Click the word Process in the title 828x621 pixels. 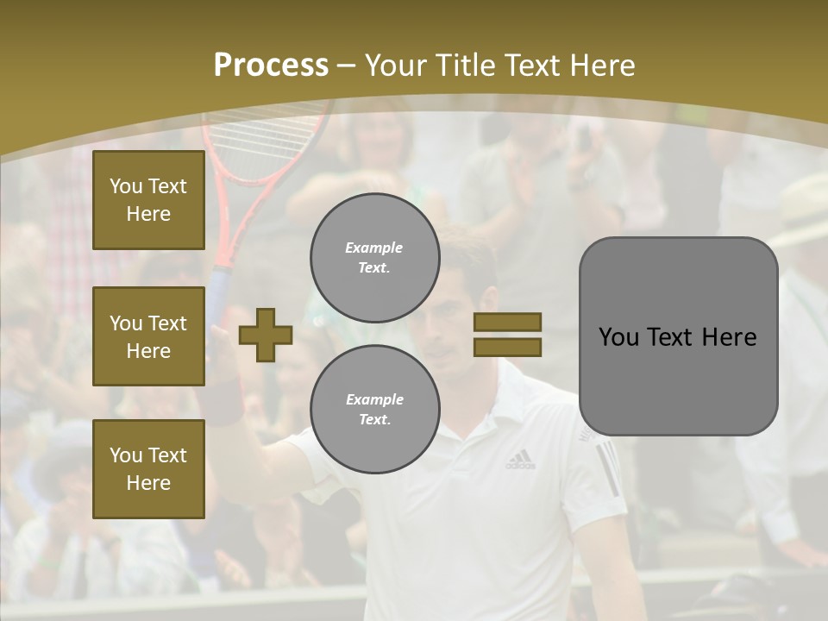click(271, 66)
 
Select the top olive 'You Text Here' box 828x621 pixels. click(148, 200)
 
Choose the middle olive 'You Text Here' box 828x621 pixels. click(148, 336)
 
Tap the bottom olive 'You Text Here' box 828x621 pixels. click(148, 468)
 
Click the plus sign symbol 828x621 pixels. click(266, 335)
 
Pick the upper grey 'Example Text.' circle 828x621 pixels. click(374, 257)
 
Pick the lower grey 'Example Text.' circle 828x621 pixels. click(374, 409)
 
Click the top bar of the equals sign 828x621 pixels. click(507, 322)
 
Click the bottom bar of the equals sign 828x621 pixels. click(507, 347)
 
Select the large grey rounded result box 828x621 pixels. click(678, 336)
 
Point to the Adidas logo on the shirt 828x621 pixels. click(519, 460)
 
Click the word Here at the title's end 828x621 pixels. click(601, 66)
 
